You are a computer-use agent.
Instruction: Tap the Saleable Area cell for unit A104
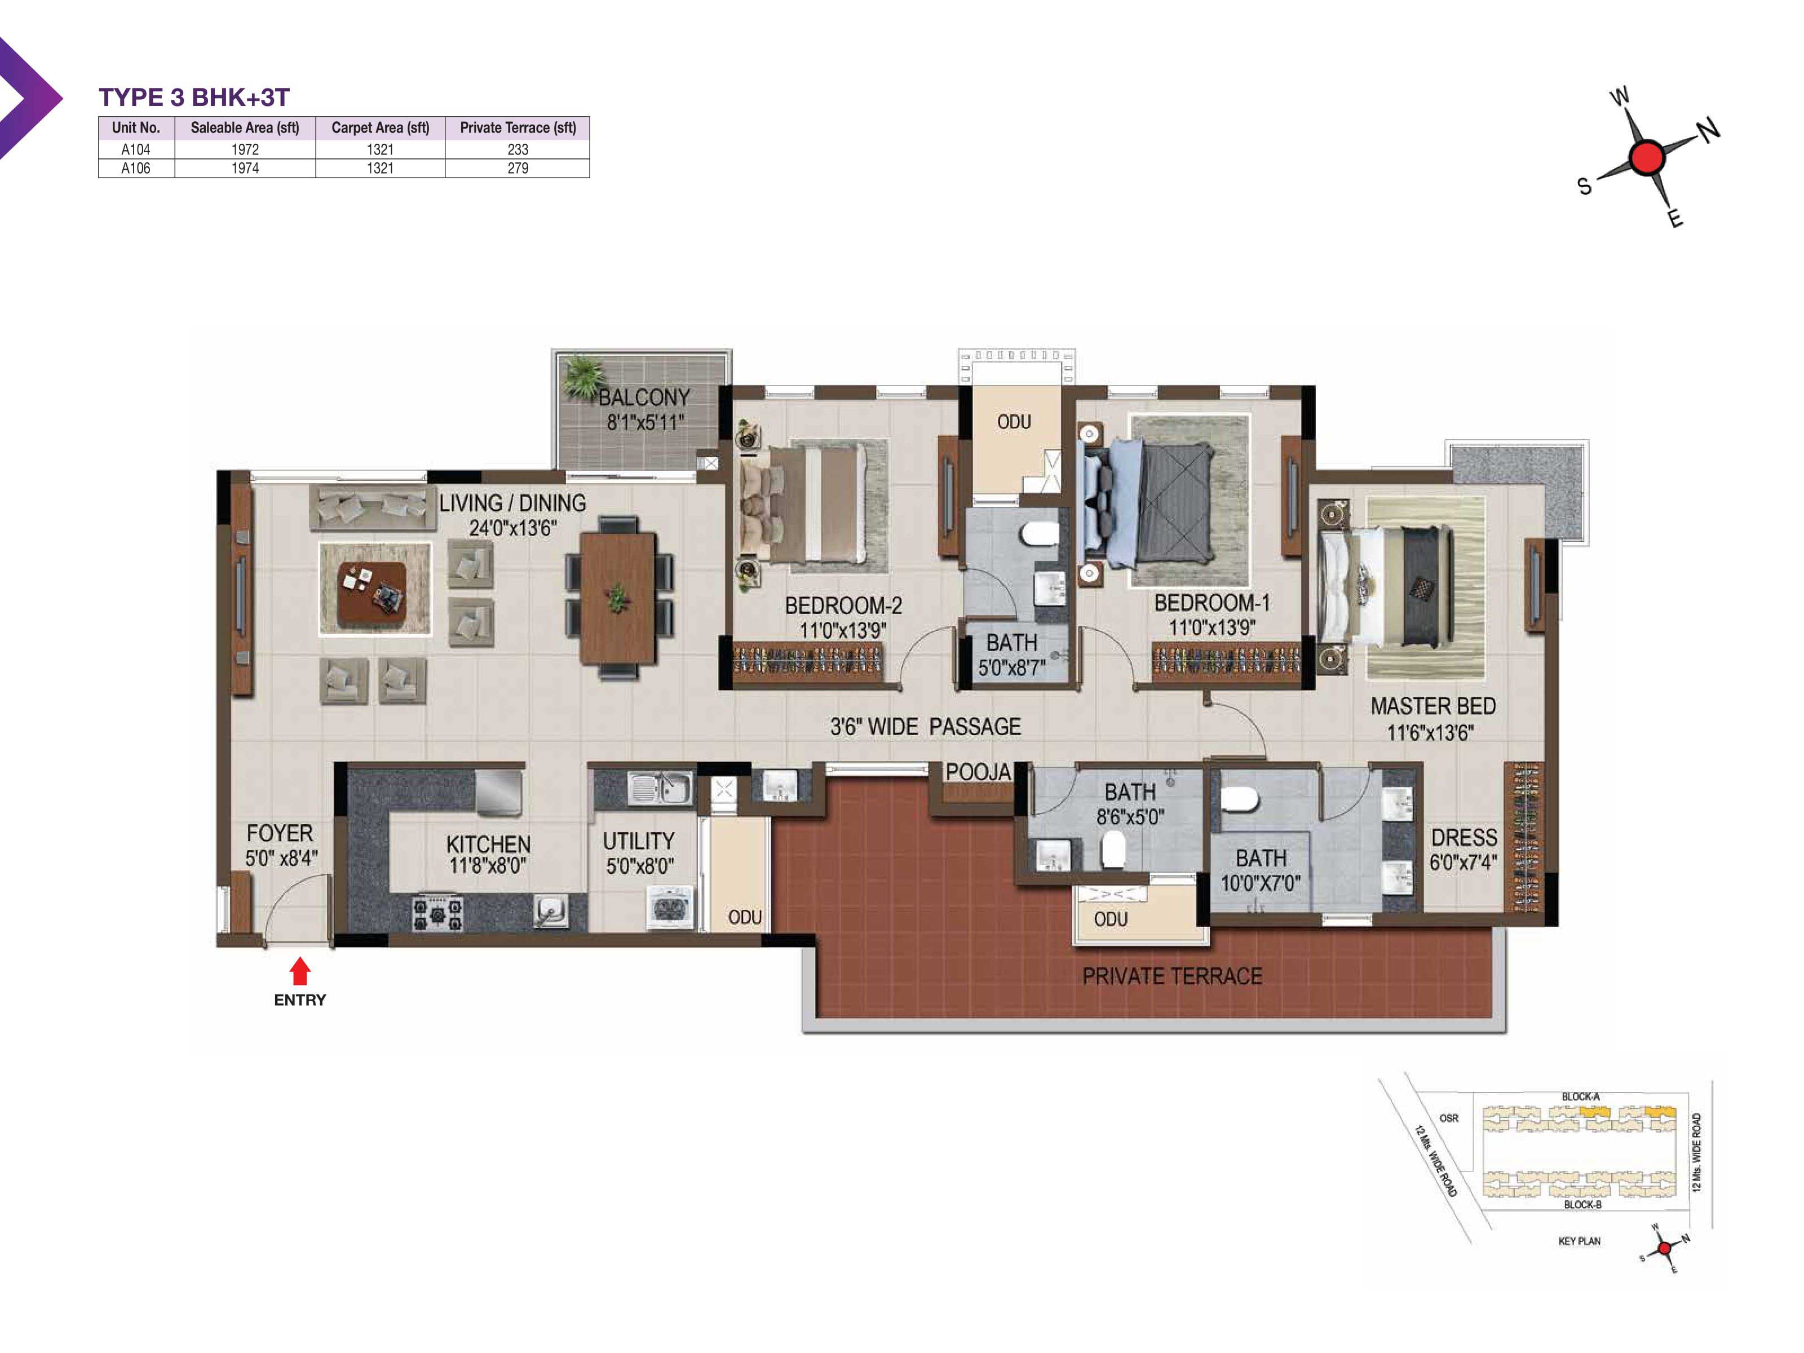245,149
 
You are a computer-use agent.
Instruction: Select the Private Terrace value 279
518,168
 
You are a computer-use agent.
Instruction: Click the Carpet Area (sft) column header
380,127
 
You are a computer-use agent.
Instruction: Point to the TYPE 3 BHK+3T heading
194,97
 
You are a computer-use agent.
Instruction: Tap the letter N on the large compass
1709,129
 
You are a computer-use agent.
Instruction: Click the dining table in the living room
618,598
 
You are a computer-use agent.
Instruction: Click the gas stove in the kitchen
437,913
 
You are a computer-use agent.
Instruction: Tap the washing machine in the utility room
670,907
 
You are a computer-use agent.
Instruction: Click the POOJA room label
978,772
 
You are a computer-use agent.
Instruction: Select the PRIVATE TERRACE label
1172,976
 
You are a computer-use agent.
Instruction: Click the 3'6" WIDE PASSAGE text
926,727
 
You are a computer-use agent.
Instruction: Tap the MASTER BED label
1433,706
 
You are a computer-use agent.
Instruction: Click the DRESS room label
1464,838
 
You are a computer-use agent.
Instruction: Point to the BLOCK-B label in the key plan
1582,1205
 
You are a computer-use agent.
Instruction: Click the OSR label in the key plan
1449,1118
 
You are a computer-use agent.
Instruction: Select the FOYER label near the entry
280,833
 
